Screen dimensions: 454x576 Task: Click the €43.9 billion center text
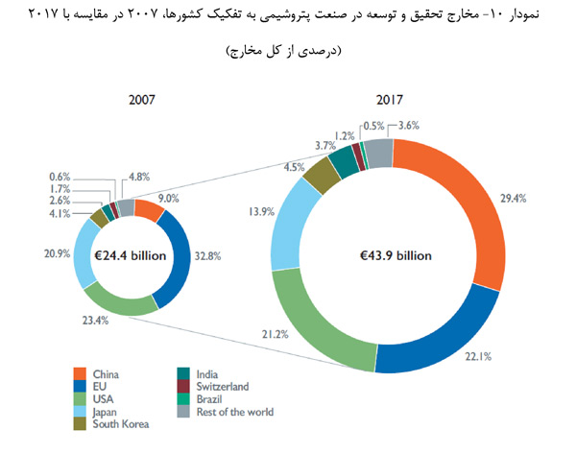[388, 256]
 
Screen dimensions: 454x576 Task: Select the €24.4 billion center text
[131, 256]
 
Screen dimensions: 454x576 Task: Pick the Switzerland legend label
[222, 387]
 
